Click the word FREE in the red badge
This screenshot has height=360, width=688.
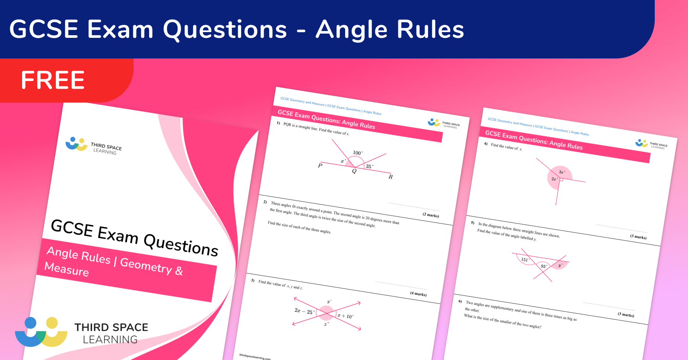pyautogui.click(x=53, y=80)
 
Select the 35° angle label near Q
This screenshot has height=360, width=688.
pyautogui.click(x=369, y=166)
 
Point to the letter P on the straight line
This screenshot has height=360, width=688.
pyautogui.click(x=320, y=165)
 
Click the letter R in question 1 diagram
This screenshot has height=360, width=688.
pyautogui.click(x=390, y=177)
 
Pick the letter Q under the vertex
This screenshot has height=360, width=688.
pyautogui.click(x=354, y=171)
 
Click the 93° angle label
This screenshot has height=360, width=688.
pyautogui.click(x=544, y=266)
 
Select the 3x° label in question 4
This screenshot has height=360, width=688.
pyautogui.click(x=562, y=172)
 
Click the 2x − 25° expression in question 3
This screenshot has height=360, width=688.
pyautogui.click(x=304, y=311)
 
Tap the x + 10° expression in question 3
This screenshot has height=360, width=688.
pyautogui.click(x=346, y=316)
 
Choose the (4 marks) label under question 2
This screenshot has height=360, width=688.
pyautogui.click(x=418, y=294)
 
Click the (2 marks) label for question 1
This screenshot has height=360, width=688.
pyautogui.click(x=431, y=215)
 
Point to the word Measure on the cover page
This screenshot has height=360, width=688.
pyautogui.click(x=67, y=269)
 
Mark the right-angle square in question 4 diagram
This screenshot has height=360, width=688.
pyautogui.click(x=561, y=180)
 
